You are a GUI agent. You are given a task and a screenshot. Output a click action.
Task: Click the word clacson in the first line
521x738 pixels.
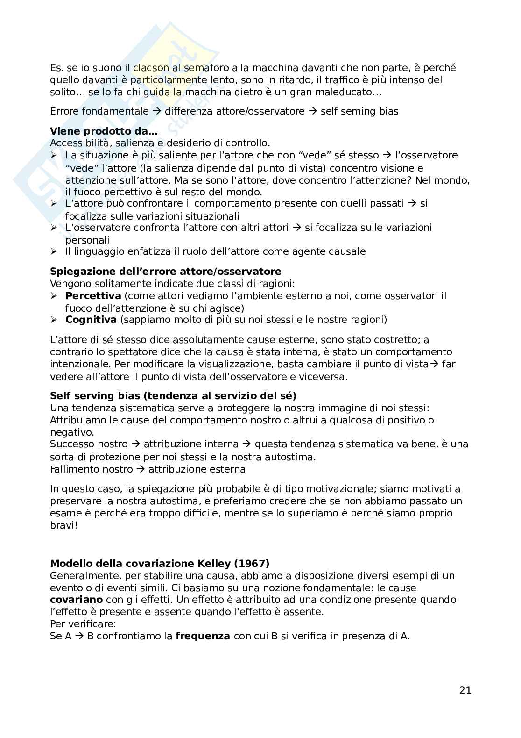tap(149, 68)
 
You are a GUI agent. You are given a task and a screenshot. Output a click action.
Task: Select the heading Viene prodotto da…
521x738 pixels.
tap(104, 131)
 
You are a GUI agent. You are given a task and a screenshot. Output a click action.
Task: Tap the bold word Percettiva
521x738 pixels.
tap(93, 296)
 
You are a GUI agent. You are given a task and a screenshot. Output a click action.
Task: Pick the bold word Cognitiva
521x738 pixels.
tap(91, 320)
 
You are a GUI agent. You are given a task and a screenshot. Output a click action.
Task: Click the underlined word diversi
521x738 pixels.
tap(373, 576)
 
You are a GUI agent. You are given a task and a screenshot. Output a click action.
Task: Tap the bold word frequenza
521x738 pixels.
tap(203, 636)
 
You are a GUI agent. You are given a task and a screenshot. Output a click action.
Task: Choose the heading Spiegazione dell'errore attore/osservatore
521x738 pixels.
tap(166, 272)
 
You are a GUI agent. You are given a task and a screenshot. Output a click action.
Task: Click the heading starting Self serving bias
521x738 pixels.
tap(173, 396)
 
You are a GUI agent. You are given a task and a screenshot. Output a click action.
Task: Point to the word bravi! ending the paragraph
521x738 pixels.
tap(63, 525)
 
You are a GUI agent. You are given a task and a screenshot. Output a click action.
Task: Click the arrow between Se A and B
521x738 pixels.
tap(77, 636)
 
